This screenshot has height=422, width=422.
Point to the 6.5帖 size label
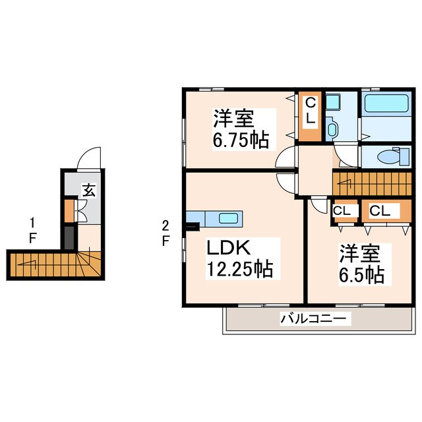pyautogui.click(x=361, y=275)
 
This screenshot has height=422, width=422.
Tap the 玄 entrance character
pyautogui.click(x=88, y=191)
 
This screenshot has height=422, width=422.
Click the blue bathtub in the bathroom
pyautogui.click(x=386, y=104)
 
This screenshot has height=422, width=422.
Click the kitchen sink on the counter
pyautogui.click(x=228, y=219)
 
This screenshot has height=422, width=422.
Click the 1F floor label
pyautogui.click(x=31, y=229)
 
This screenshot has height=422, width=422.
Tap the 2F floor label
pyautogui.click(x=166, y=233)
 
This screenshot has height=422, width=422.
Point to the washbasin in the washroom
pyautogui.click(x=332, y=126)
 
